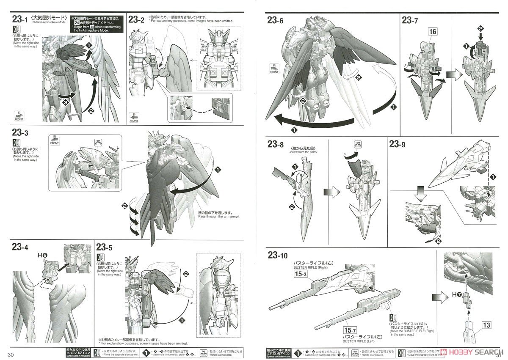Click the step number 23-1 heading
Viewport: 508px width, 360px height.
click(x=20, y=19)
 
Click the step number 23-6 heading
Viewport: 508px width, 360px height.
click(x=275, y=20)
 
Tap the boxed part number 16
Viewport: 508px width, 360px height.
click(x=432, y=32)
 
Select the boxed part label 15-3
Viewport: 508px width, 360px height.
click(x=299, y=274)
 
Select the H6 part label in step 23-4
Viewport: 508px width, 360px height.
click(x=42, y=256)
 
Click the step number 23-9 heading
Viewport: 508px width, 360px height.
click(x=397, y=144)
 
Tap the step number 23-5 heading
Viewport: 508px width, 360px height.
click(x=105, y=247)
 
